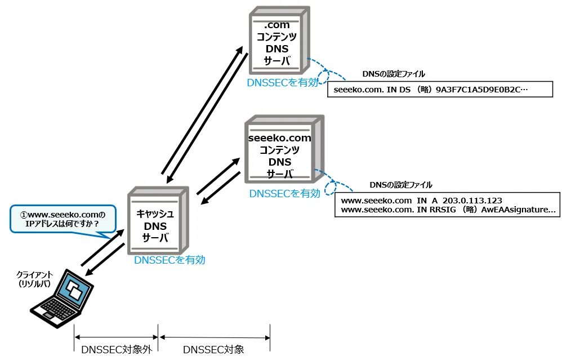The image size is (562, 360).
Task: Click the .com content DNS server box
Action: pos(279,40)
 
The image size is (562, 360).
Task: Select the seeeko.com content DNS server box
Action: pos(284,149)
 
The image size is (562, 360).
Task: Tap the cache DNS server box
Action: pos(158,220)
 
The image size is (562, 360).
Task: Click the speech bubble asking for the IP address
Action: pos(63,220)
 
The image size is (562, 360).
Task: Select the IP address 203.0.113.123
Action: pos(472,201)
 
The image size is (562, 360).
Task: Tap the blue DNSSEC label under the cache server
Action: pos(170,260)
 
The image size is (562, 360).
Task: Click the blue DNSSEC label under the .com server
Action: pos(283,82)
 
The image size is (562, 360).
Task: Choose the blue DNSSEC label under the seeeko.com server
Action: pos(284,194)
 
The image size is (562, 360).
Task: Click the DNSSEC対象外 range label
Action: pos(117,350)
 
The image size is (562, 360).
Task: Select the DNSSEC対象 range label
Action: pos(213,350)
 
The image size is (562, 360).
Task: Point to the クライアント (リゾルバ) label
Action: pos(34,279)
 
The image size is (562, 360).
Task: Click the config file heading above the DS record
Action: pos(394,74)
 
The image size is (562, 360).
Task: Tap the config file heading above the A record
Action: pos(401,185)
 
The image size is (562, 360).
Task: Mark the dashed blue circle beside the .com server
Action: pos(324,76)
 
